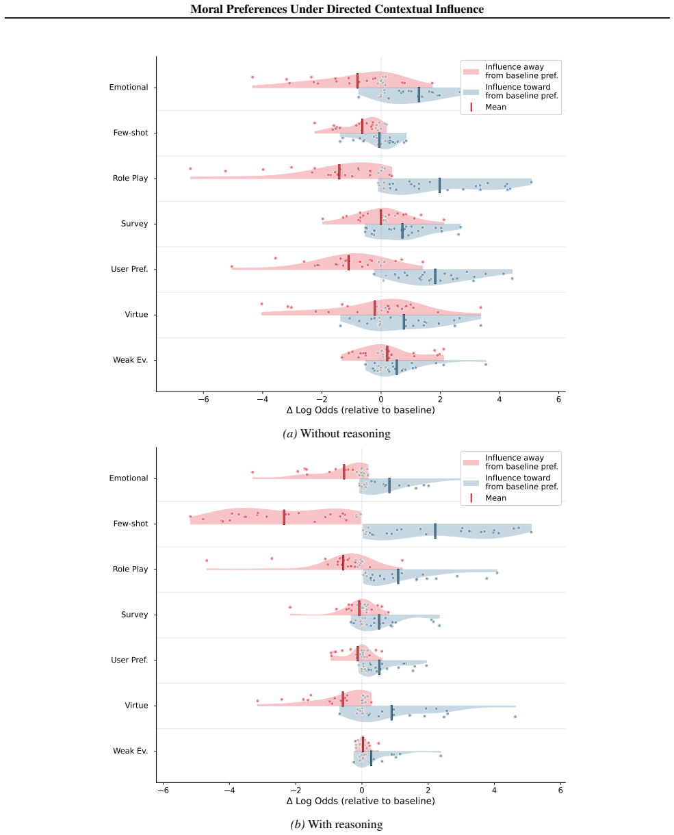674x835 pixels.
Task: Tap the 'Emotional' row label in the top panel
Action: click(x=129, y=87)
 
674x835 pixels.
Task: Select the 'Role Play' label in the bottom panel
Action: click(x=130, y=569)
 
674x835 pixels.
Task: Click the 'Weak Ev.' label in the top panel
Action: click(x=130, y=360)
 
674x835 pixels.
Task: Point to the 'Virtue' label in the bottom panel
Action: click(x=136, y=705)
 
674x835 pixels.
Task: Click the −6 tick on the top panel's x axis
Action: click(x=203, y=400)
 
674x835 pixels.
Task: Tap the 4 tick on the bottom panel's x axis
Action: click(x=494, y=790)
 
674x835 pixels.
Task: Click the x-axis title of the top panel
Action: click(x=361, y=410)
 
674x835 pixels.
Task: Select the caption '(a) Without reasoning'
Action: click(x=336, y=433)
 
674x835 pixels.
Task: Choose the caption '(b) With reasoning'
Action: click(x=336, y=825)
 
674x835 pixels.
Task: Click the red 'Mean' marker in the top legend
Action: click(x=471, y=107)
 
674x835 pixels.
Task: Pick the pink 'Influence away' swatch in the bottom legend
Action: click(x=471, y=462)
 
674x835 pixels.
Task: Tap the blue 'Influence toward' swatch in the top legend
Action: click(x=471, y=92)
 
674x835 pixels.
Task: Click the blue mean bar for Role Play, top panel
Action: click(x=440, y=185)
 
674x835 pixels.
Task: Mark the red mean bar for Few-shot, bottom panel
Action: click(x=284, y=517)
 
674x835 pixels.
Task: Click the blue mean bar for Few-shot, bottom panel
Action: click(x=435, y=530)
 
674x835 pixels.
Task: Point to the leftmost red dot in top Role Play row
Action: click(x=190, y=168)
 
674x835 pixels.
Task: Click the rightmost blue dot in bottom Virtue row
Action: click(x=515, y=717)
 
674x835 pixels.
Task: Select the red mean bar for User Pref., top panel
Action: click(x=348, y=262)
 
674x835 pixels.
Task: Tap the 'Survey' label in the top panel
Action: click(x=134, y=223)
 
